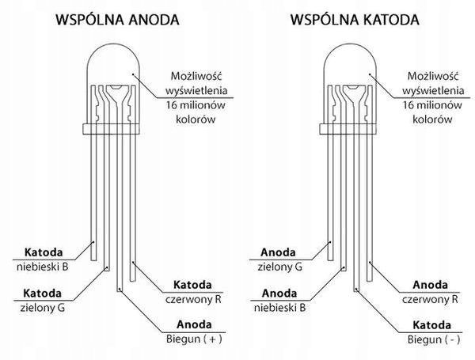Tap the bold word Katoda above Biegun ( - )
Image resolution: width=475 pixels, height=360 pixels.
(433, 324)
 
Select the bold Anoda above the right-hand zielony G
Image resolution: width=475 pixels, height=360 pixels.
(279, 252)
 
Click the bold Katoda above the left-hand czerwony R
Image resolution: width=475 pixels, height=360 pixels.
(192, 285)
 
